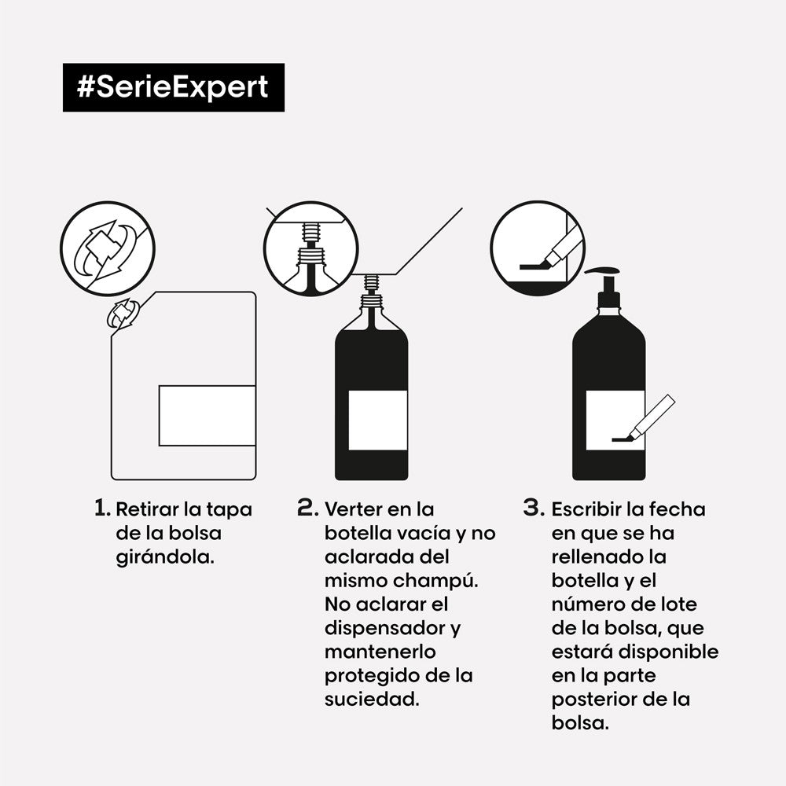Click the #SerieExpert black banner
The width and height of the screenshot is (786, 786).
173,87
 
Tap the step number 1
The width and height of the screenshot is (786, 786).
101,508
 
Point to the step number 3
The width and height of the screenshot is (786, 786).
534,508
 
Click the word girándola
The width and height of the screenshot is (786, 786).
164,557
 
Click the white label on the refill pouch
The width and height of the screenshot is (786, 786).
208,416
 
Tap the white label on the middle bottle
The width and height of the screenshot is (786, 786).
377,420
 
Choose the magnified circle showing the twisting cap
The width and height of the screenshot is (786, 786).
108,248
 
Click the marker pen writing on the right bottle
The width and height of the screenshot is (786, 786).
651,417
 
